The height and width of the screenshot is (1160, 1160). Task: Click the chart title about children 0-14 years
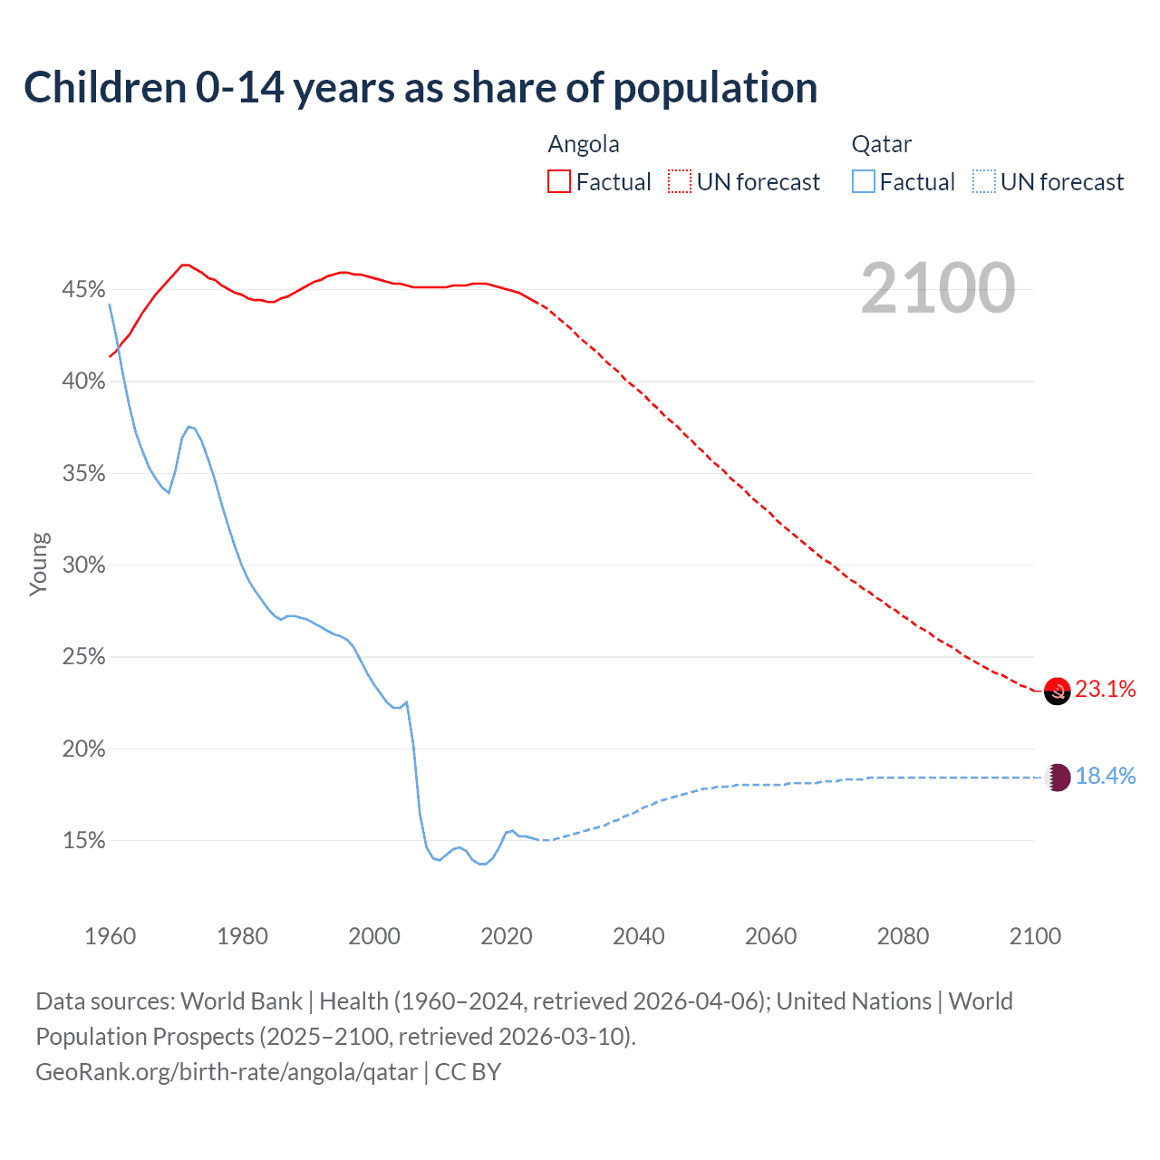click(420, 88)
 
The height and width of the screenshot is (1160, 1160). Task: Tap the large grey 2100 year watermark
click(938, 288)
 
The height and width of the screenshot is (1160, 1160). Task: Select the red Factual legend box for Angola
click(559, 182)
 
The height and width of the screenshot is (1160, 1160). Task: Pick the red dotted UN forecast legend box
click(680, 182)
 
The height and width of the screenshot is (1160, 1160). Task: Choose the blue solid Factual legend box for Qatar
click(863, 182)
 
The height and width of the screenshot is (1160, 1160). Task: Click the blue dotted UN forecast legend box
click(983, 182)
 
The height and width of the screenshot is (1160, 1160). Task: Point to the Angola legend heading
click(584, 144)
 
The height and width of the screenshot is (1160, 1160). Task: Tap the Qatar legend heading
click(881, 144)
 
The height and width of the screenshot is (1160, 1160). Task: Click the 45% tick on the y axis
click(83, 290)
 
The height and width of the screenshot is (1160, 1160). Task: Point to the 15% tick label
click(83, 841)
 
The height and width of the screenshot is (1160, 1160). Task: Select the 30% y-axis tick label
click(83, 565)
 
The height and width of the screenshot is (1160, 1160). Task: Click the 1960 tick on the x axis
click(110, 936)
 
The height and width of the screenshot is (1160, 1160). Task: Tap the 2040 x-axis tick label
click(638, 936)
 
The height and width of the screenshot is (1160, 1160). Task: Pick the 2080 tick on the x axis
click(903, 936)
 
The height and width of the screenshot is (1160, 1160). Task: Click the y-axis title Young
click(39, 564)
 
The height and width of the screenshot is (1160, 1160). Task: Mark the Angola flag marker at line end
click(1058, 691)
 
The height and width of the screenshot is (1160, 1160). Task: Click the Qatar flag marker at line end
click(1058, 778)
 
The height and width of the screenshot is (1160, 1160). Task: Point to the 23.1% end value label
click(1106, 690)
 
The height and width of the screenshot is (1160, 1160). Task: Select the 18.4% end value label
click(1106, 777)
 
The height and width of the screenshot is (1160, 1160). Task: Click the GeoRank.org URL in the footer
click(227, 1072)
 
